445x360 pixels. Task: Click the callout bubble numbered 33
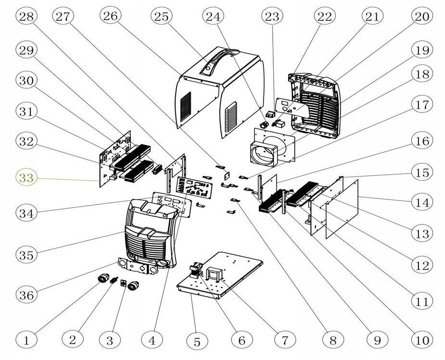pyautogui.click(x=27, y=178)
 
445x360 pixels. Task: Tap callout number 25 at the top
pyautogui.click(x=162, y=16)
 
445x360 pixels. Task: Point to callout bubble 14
pyautogui.click(x=422, y=202)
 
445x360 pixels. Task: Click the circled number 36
pyautogui.click(x=27, y=294)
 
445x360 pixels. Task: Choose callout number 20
pyautogui.click(x=422, y=16)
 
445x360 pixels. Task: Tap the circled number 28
pyautogui.click(x=27, y=16)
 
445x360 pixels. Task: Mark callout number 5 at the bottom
pyautogui.click(x=196, y=342)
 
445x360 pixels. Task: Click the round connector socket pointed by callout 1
pyautogui.click(x=102, y=280)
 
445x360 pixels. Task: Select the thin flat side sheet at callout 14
pyautogui.click(x=343, y=209)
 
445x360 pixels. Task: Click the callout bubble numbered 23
pyautogui.click(x=272, y=16)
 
